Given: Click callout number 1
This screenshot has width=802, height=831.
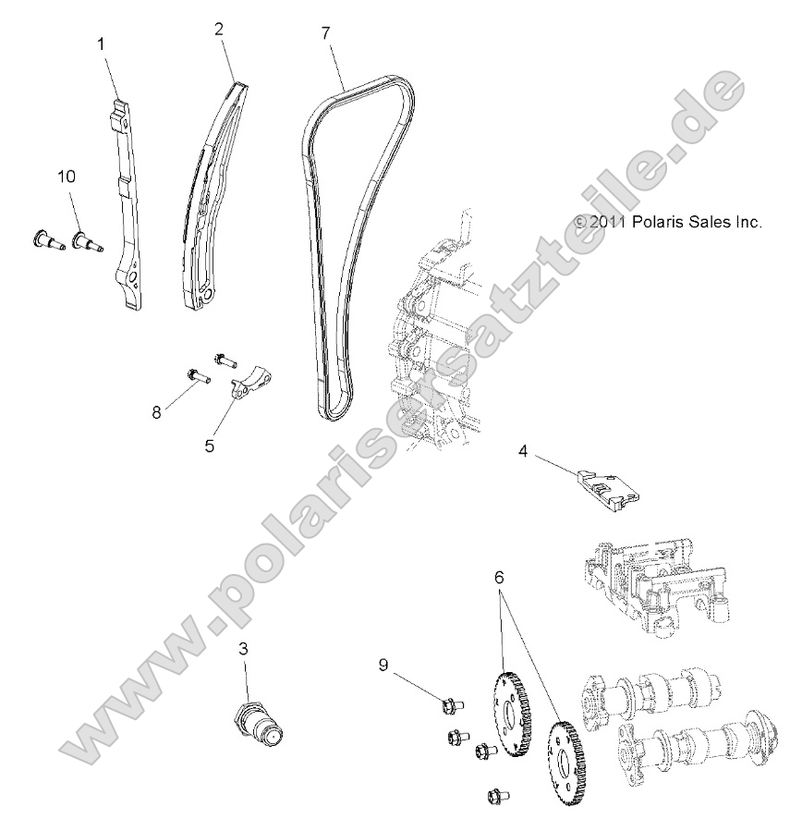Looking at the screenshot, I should (x=103, y=43).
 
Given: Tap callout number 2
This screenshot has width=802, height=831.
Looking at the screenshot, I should (x=219, y=29).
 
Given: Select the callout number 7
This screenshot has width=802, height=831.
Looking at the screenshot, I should (x=325, y=32).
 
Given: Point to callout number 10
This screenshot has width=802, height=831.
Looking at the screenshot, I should (x=67, y=176).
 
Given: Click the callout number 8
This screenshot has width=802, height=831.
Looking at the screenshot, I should (x=157, y=412).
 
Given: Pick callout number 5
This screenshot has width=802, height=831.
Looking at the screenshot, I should (x=210, y=446).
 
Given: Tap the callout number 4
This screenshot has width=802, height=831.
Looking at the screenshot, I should (x=523, y=451).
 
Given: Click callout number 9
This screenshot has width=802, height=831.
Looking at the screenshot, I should (x=383, y=664).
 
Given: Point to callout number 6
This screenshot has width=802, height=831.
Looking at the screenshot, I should (x=500, y=576).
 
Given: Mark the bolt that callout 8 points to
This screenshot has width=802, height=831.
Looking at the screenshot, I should (x=196, y=375).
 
